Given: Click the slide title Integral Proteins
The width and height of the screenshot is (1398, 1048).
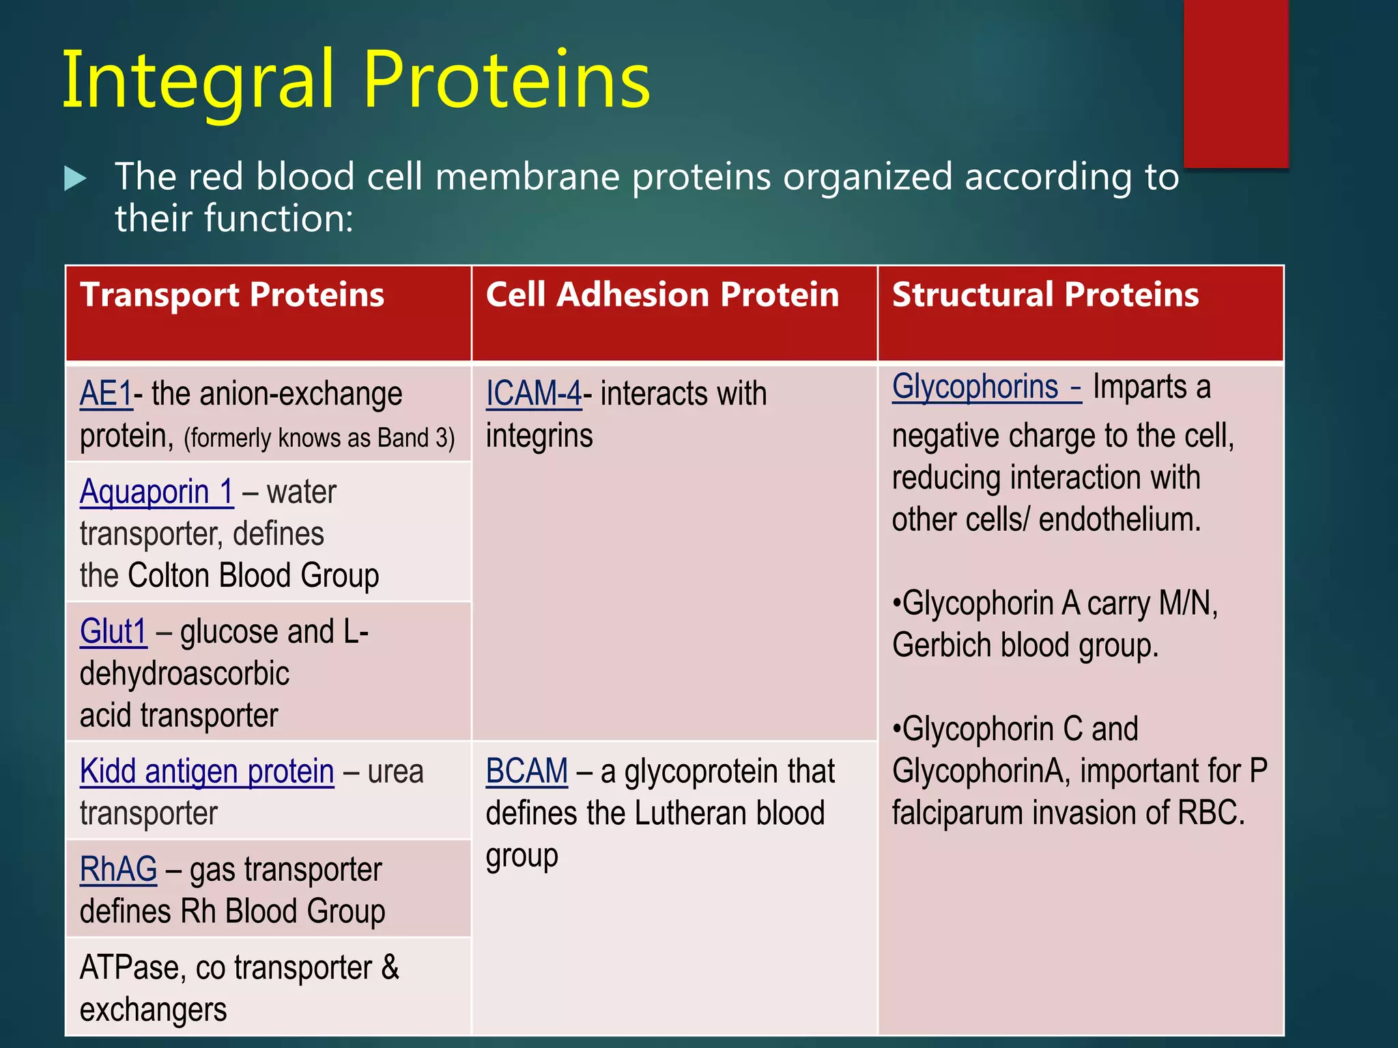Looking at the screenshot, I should (356, 81).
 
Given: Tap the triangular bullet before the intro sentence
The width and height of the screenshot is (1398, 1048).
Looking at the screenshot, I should (75, 179).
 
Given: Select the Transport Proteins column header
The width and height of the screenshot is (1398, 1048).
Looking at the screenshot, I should (232, 295).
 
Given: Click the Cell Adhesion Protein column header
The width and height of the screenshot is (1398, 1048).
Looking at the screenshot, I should (662, 295).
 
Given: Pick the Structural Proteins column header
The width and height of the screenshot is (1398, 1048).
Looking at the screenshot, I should (1045, 295).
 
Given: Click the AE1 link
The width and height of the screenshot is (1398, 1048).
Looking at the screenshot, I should (106, 394).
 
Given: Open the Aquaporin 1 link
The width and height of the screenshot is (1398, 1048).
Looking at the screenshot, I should (156, 492).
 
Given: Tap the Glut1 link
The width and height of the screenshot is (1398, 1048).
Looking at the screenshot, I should (113, 632).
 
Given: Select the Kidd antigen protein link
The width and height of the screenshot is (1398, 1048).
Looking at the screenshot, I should (207, 772).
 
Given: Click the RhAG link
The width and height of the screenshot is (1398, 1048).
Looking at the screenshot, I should (118, 870).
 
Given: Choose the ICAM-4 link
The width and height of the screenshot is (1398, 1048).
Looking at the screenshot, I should (533, 394).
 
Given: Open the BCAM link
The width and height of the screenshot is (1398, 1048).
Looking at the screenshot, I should (526, 772).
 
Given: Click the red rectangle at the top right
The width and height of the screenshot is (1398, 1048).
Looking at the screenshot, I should (1236, 82).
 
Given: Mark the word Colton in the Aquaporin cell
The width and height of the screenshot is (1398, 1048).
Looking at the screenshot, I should (170, 576).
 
